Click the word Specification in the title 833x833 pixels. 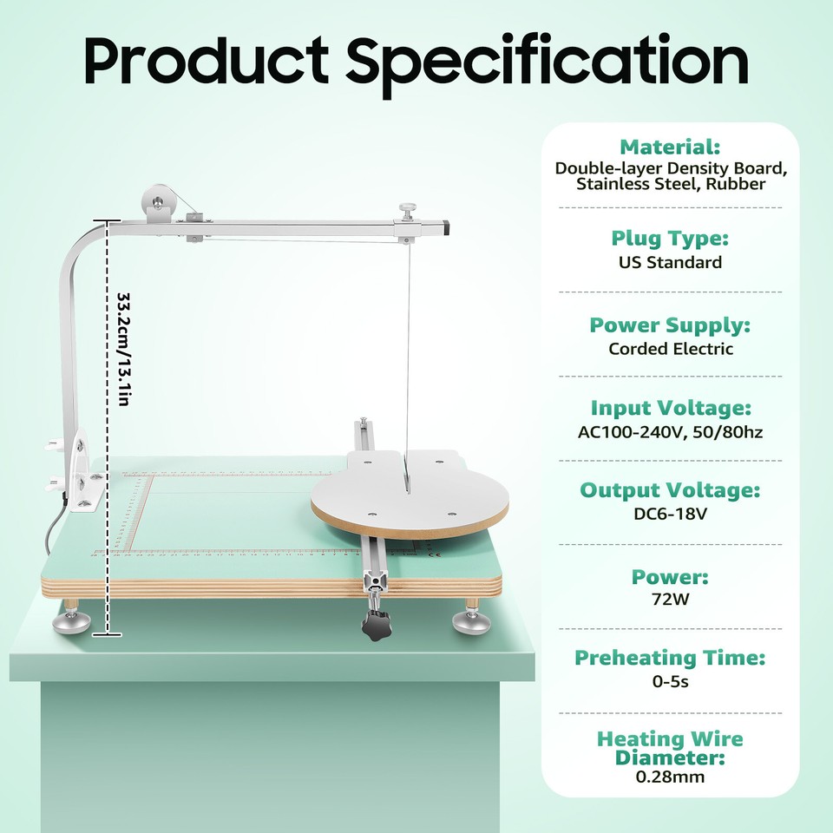coord(547,62)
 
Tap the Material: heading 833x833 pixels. coord(670,147)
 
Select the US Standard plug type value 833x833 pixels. coord(670,262)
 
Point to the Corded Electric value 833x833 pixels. coord(670,349)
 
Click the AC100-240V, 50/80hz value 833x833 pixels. coord(670,432)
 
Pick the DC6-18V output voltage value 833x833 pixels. coord(670,514)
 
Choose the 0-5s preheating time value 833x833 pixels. coord(670,682)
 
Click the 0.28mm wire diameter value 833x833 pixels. coord(670,777)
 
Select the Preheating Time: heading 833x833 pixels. coord(670,658)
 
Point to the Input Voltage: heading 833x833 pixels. coord(670,408)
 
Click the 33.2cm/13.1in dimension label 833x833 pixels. coord(124,348)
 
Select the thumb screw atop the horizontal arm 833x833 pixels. coord(405,209)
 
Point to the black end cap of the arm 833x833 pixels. coord(447,227)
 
